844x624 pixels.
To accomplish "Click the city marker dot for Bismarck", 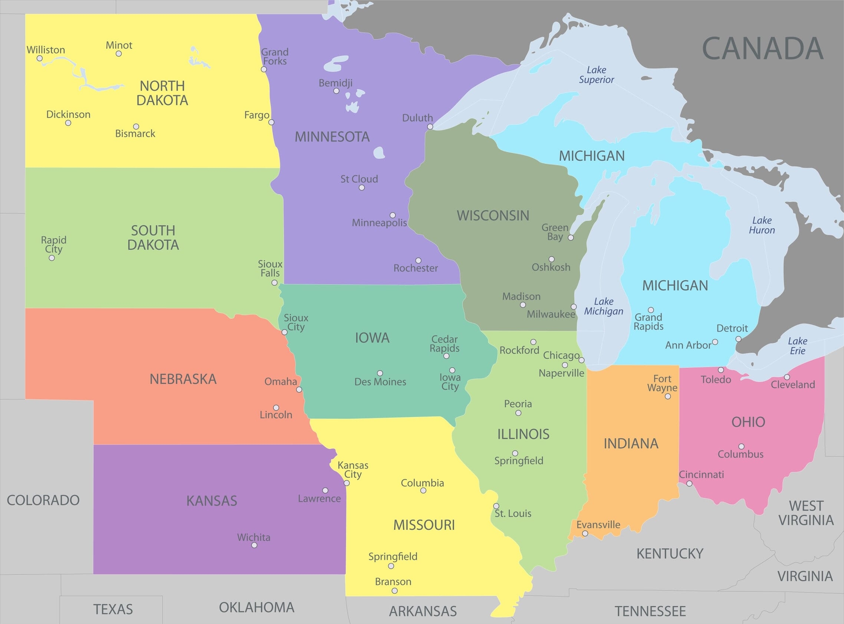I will click(136, 127).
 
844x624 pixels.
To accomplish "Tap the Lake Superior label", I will click(596, 75).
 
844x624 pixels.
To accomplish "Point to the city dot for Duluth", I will click(430, 127).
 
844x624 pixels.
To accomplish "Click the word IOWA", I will click(372, 338).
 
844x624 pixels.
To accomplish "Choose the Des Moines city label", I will click(380, 382).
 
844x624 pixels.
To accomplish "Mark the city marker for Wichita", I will click(254, 545).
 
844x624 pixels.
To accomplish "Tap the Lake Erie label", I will click(797, 346).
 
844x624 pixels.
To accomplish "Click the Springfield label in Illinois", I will click(519, 461).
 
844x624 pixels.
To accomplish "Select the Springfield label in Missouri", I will click(393, 556).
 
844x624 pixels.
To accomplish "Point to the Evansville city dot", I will click(585, 534).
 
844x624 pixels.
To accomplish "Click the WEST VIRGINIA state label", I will click(806, 513).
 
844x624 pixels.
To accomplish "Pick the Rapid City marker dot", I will click(52, 258).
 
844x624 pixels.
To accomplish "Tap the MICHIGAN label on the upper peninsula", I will click(592, 156).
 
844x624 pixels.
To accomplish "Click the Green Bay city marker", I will click(571, 237).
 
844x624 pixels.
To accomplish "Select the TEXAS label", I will click(113, 609).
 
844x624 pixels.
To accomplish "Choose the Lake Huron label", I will click(762, 225).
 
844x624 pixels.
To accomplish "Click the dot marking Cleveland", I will click(786, 377).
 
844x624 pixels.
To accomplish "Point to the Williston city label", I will click(46, 50).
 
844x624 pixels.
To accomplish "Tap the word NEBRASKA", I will click(183, 379).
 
